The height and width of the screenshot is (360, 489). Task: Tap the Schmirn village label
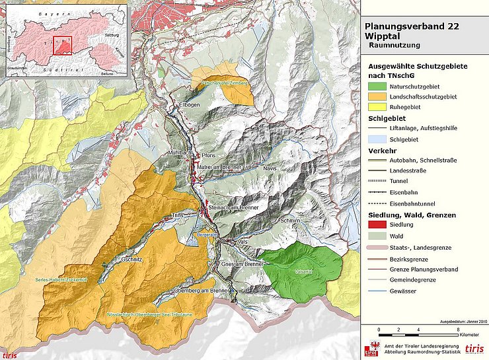point(291,219)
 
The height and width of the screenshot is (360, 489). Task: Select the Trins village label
point(176,215)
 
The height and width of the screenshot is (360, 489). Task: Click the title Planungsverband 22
point(412,27)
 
